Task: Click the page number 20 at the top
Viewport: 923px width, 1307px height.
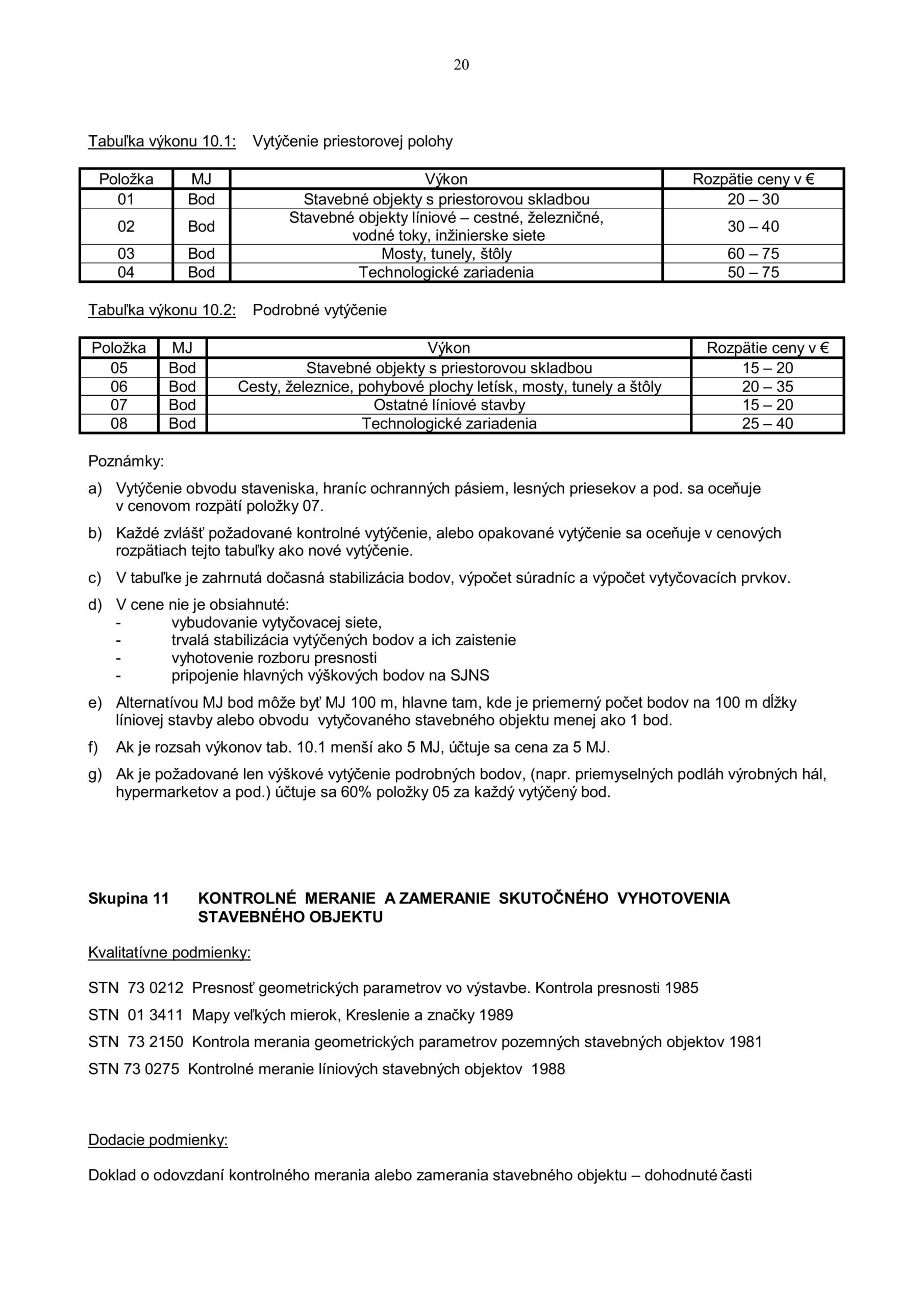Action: [x=461, y=65]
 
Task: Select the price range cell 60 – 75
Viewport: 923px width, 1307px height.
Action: [x=753, y=254]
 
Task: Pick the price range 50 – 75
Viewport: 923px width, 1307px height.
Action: [x=753, y=273]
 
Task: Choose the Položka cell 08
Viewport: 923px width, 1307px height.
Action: [x=119, y=424]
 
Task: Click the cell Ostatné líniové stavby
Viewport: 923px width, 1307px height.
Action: [x=449, y=405]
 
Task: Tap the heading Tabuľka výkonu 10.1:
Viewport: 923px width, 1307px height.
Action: [x=162, y=142]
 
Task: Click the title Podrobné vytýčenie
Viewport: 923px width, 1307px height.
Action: [x=319, y=310]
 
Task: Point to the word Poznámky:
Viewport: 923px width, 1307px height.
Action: [x=126, y=462]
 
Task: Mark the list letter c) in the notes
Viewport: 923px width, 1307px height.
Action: [x=94, y=578]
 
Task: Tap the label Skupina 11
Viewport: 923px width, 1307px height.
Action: [x=129, y=898]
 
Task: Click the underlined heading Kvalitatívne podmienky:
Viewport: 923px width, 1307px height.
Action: [x=169, y=953]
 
